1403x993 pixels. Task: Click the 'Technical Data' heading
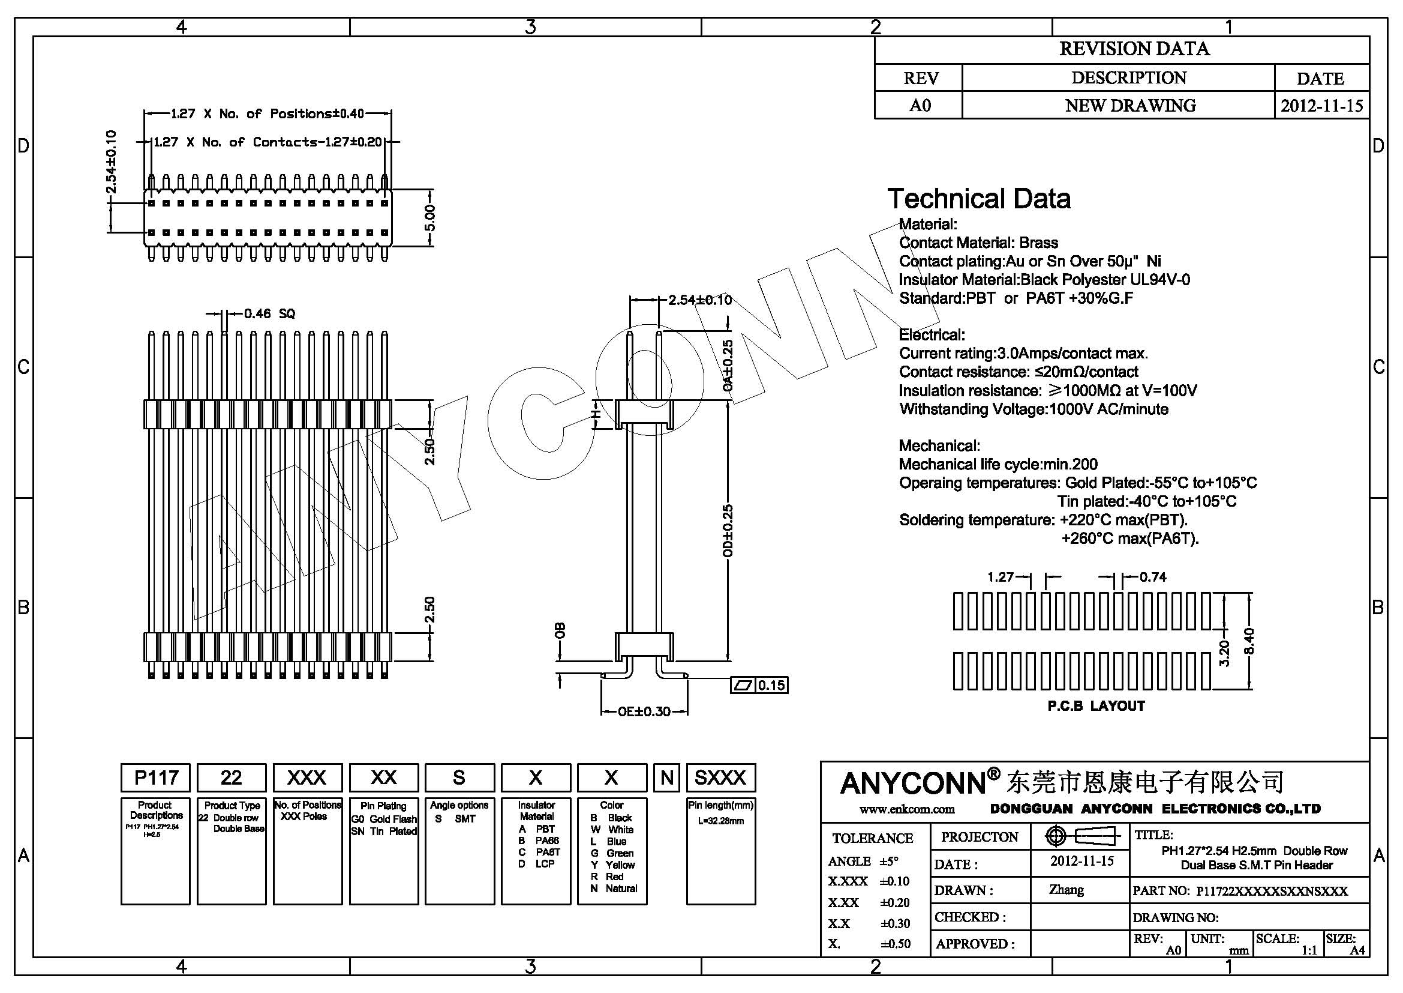[x=978, y=199]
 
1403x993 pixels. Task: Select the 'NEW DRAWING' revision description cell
[x=1130, y=106]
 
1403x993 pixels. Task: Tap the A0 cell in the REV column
[x=919, y=106]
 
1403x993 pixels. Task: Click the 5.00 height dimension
[x=429, y=218]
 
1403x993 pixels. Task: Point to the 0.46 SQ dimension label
[x=269, y=313]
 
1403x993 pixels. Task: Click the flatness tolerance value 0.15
[x=771, y=686]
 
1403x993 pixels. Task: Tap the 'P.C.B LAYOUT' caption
[x=1096, y=706]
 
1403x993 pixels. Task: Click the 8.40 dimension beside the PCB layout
[x=1249, y=641]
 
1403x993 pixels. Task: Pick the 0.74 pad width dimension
[x=1152, y=577]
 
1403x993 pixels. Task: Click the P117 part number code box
[x=156, y=777]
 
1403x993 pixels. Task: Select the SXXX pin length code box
[x=720, y=777]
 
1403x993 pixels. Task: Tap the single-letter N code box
[x=666, y=777]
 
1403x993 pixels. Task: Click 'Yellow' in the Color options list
[x=620, y=865]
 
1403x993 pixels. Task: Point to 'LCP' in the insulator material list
[x=545, y=864]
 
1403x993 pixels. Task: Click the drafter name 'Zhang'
[x=1066, y=890]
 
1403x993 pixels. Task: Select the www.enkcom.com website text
[x=907, y=809]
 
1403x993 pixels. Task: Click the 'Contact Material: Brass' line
[x=978, y=243]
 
